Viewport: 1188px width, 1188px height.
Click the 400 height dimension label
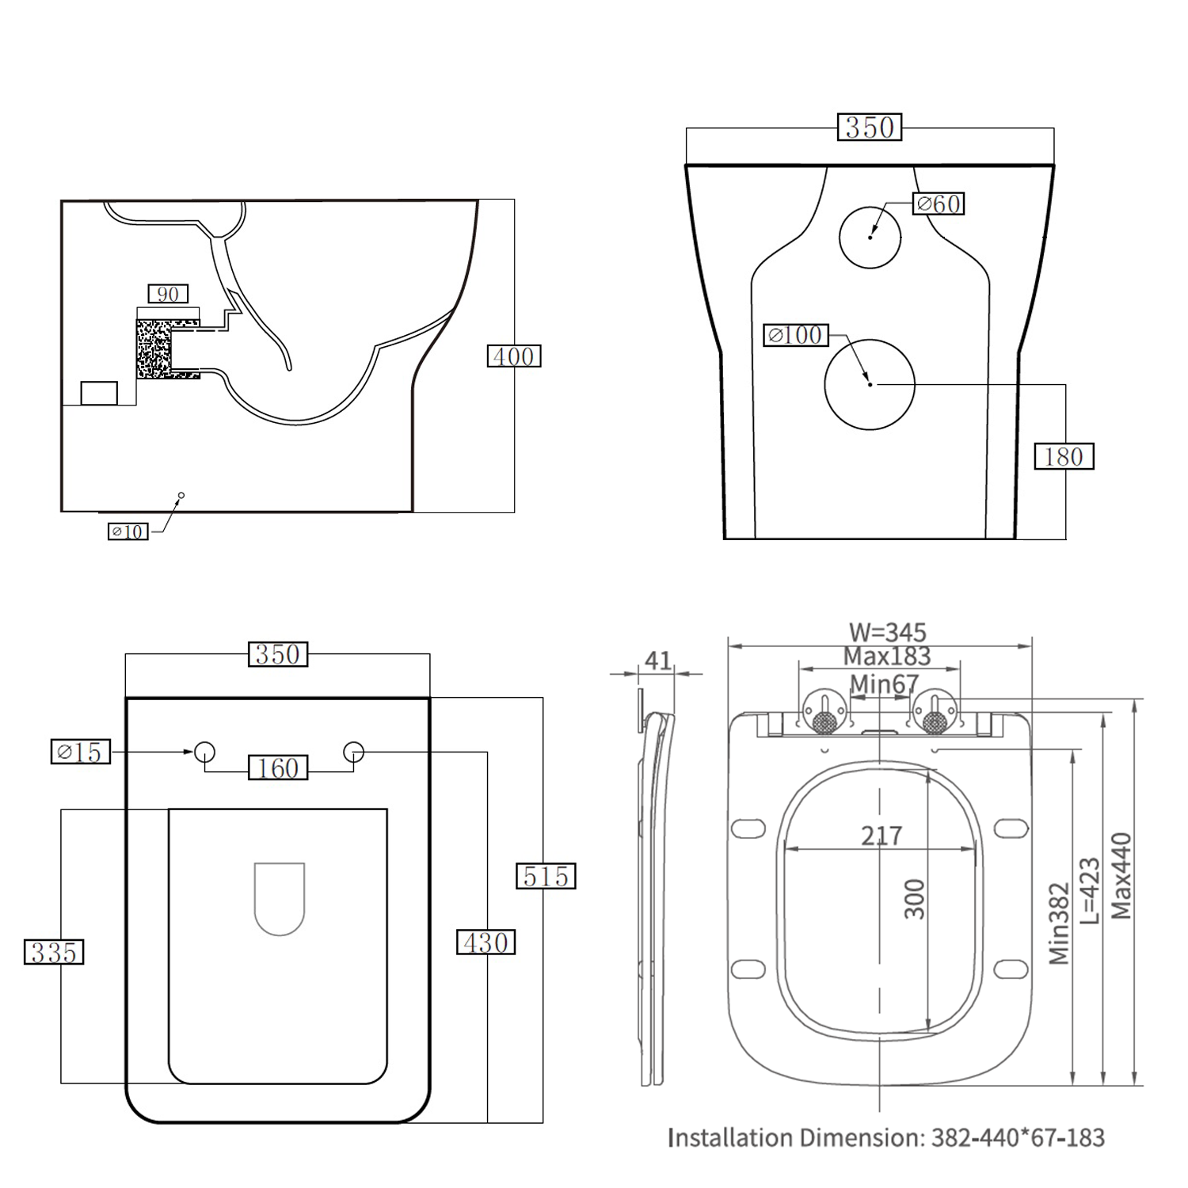click(x=513, y=356)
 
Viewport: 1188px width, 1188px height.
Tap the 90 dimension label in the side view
click(x=168, y=295)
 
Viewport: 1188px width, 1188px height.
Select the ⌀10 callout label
click(x=128, y=531)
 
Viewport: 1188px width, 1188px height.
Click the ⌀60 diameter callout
click(x=939, y=204)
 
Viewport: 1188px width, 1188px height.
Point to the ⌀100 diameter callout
click(x=796, y=335)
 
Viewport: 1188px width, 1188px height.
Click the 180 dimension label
click(x=1064, y=457)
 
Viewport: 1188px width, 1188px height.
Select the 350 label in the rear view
click(x=870, y=128)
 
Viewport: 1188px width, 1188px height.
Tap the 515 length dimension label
click(x=546, y=877)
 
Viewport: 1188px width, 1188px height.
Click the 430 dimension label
click(x=485, y=942)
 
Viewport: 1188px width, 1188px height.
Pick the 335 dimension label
click(x=54, y=952)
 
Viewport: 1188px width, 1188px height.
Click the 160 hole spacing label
click(x=278, y=767)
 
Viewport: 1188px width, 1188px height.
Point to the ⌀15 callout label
click(x=81, y=752)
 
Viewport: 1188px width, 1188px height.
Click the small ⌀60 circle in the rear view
click(x=870, y=236)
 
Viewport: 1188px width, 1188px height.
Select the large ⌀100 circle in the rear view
click(x=870, y=385)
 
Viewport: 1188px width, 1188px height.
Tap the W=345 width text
click(x=887, y=632)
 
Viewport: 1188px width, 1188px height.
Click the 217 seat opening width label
click(x=881, y=836)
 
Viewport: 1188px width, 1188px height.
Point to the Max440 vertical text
click(x=1121, y=876)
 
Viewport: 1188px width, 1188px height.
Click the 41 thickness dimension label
click(x=658, y=661)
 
